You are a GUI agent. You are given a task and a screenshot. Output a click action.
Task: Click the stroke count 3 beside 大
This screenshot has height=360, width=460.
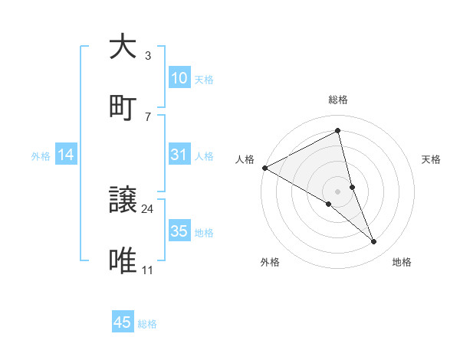click(x=147, y=55)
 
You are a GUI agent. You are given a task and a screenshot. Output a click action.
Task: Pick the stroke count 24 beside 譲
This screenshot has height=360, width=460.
click(x=148, y=208)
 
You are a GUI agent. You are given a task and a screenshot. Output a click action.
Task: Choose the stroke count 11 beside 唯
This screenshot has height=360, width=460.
click(x=148, y=270)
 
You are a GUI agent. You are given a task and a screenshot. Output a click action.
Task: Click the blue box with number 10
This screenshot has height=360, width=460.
click(x=179, y=78)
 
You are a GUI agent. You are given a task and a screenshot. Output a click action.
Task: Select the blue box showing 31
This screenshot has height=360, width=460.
click(x=179, y=155)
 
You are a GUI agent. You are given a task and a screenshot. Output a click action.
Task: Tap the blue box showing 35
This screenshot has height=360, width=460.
click(x=179, y=231)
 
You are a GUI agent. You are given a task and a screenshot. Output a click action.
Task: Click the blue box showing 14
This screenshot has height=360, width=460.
click(x=66, y=155)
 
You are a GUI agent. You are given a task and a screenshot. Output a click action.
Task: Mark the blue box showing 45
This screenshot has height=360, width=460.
click(x=123, y=322)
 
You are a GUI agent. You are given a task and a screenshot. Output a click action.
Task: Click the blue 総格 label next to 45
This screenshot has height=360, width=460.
click(x=147, y=324)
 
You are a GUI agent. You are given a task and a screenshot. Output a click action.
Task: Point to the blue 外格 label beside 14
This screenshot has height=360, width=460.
click(x=41, y=156)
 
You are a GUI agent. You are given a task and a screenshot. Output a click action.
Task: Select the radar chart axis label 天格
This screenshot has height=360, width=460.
click(x=432, y=159)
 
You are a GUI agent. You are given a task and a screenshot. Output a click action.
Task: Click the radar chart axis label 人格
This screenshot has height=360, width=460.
click(x=245, y=159)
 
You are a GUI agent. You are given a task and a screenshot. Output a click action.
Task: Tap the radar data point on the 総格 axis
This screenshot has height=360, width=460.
click(x=338, y=131)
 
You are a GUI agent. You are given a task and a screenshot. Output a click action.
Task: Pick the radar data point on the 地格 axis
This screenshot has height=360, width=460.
click(x=374, y=242)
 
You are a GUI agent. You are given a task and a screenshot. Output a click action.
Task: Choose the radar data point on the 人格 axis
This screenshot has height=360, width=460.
click(x=264, y=168)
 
